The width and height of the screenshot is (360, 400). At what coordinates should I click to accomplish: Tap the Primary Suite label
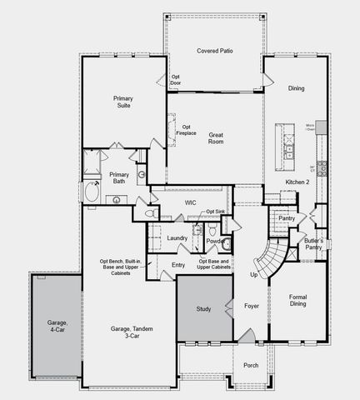[123, 102]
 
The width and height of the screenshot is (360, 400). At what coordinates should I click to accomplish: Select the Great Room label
[215, 137]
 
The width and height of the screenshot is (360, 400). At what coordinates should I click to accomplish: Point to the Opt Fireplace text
[187, 130]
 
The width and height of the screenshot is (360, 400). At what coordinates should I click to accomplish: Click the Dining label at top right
[295, 88]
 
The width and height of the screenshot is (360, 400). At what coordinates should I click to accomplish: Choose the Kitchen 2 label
[297, 181]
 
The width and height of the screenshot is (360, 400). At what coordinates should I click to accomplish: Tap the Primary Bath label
[117, 177]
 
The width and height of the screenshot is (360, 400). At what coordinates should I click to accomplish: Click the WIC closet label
[190, 202]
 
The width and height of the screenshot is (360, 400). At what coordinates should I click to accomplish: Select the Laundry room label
[177, 238]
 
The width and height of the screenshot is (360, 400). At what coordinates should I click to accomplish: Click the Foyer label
[251, 306]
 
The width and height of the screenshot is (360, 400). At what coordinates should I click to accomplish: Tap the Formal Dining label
[297, 300]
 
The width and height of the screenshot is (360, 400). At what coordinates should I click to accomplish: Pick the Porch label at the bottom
[250, 366]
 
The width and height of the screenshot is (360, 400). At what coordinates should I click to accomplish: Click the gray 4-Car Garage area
[57, 325]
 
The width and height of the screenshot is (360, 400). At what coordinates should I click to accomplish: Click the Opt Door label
[176, 80]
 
